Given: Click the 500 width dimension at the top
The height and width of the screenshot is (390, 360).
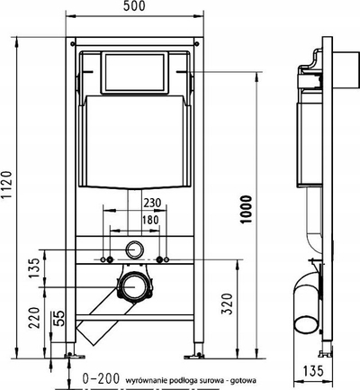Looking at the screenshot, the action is click(134, 6).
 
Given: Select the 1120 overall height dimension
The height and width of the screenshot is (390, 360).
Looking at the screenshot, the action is click(6, 185).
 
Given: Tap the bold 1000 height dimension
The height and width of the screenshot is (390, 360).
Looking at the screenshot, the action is click(246, 209).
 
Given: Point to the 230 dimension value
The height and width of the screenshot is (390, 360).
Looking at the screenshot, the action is click(152, 203).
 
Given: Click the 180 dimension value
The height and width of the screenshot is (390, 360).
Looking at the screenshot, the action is click(150, 220).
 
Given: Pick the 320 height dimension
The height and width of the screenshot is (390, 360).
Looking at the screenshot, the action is click(227, 304).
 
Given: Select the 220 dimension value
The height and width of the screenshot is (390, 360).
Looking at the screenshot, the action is click(33, 317).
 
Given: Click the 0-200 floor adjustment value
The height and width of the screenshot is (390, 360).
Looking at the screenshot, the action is click(101, 378).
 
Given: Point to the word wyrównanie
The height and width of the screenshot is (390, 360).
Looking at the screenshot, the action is click(143, 381).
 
